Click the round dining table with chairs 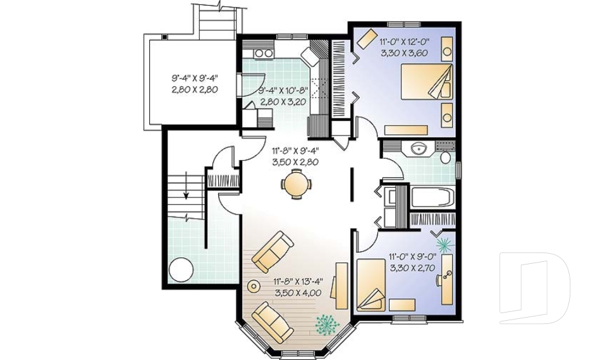(x=296, y=184)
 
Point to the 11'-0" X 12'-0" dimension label (x=404, y=47)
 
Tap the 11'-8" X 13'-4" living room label (x=298, y=287)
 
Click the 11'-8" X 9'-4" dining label (x=295, y=156)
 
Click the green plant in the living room (x=328, y=323)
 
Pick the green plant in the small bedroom (x=444, y=244)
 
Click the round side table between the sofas (x=254, y=286)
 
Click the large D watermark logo (x=534, y=288)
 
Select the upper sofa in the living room (x=273, y=250)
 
